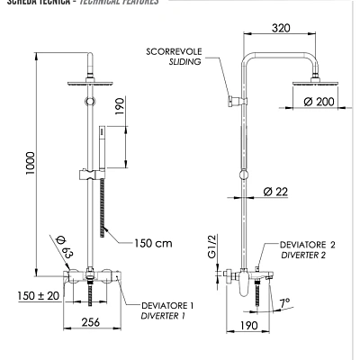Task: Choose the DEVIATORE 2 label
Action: click(308, 243)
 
